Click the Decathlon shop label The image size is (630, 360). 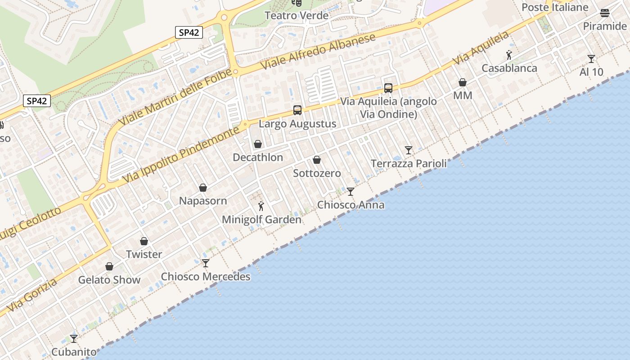(x=258, y=157)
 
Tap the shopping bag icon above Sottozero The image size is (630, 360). (x=317, y=160)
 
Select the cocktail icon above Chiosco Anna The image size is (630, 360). (x=351, y=192)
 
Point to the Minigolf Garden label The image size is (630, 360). (x=261, y=220)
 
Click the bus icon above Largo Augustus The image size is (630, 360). (x=297, y=110)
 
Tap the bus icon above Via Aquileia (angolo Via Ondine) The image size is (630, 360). (x=388, y=88)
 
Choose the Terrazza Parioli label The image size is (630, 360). (x=409, y=163)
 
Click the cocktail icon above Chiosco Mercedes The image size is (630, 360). (x=206, y=263)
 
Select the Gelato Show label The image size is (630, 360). (x=109, y=280)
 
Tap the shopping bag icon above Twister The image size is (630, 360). (x=144, y=241)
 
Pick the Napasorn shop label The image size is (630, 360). (x=203, y=201)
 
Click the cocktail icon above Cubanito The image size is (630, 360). (x=74, y=338)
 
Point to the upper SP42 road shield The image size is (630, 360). (x=189, y=32)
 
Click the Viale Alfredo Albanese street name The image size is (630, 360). (x=318, y=51)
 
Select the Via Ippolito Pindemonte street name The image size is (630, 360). (x=181, y=155)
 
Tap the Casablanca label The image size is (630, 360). (x=509, y=68)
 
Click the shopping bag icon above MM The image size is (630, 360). (x=463, y=82)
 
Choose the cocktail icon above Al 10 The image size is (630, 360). (x=591, y=59)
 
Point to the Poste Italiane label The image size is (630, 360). (x=555, y=7)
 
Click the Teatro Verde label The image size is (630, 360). (x=297, y=15)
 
